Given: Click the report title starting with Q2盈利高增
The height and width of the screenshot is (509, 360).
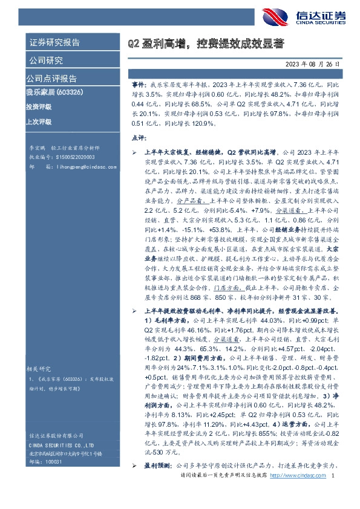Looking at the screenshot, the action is (x=205, y=44).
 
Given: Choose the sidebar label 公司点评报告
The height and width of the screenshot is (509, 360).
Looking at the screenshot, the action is (x=51, y=79).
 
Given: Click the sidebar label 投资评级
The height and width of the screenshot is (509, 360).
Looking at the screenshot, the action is (x=38, y=107).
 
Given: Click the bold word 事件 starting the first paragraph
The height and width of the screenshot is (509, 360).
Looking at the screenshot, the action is (x=139, y=87).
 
